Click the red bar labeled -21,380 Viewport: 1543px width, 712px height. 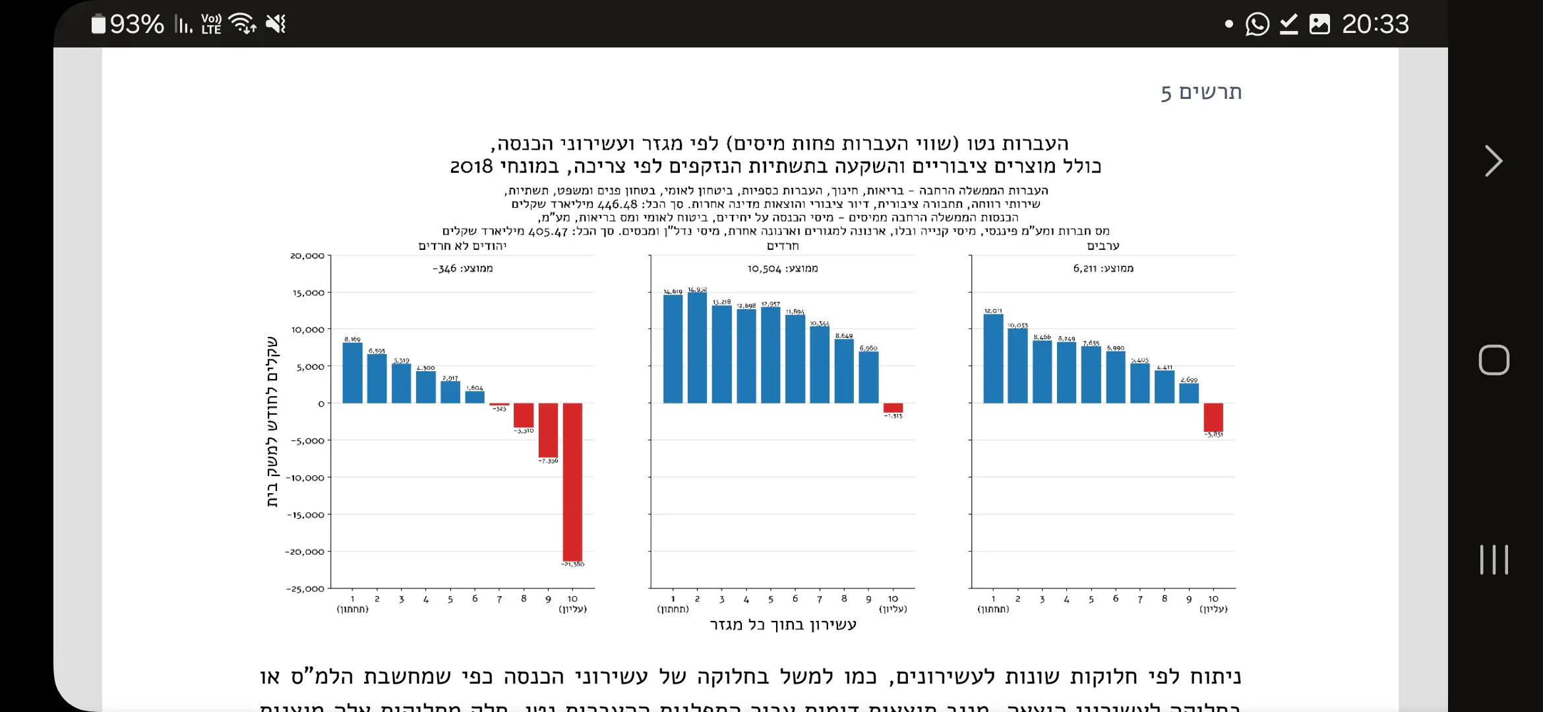572,481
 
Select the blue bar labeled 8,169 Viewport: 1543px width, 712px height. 353,373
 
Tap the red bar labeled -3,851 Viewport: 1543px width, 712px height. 1213,417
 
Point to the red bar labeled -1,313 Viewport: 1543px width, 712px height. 893,408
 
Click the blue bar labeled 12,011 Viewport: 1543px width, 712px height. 993,359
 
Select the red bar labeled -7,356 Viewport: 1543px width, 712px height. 548,430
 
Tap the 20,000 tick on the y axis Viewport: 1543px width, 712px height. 307,256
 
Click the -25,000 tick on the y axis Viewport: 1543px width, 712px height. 305,589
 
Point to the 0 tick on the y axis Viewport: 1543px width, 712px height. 321,403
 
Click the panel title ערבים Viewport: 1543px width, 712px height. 1103,246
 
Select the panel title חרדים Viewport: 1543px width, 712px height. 783,246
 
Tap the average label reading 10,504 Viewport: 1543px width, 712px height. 783,268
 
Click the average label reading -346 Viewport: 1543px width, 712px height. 463,268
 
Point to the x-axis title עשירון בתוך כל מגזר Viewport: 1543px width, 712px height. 783,624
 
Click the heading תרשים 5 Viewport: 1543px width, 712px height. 1201,92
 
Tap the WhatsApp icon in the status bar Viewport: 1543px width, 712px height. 1257,24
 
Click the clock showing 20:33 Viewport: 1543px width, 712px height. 1375,24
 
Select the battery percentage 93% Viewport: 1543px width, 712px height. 136,24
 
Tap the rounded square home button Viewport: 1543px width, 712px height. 1494,360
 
